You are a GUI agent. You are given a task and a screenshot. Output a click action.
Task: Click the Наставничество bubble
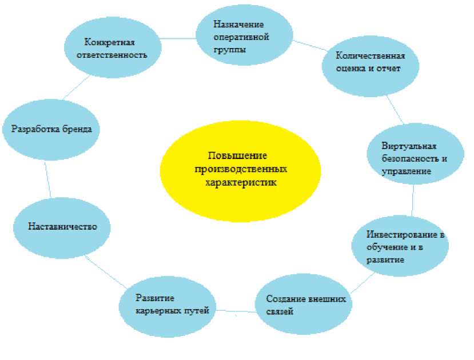pos(62,226)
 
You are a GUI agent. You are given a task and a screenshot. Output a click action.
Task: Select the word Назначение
pos(238,25)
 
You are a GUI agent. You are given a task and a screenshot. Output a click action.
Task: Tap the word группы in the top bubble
pos(228,50)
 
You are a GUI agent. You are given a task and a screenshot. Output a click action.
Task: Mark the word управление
pos(407,171)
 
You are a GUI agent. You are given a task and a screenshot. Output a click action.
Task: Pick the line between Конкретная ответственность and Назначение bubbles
pos(177,38)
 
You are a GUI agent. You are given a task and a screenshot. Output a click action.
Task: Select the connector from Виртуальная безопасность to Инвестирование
pos(412,200)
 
